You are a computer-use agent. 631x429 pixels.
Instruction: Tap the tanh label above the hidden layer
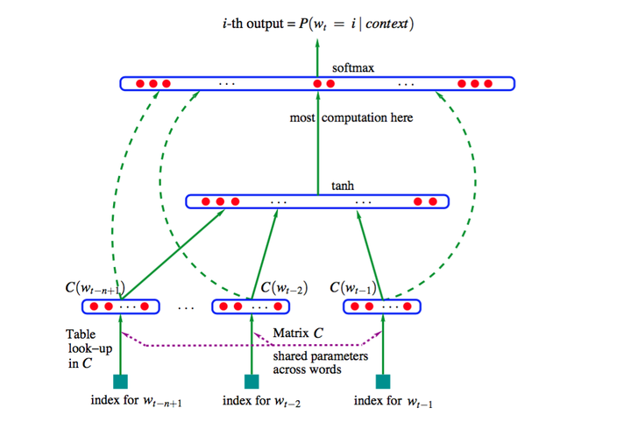[x=343, y=186]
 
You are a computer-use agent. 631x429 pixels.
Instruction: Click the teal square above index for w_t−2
[x=252, y=381]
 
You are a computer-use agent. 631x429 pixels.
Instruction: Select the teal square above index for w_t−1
[x=382, y=381]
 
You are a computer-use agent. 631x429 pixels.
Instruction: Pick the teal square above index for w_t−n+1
[x=121, y=381]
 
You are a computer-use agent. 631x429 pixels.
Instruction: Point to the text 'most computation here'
[x=351, y=117]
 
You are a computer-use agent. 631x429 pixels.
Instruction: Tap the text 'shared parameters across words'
[x=319, y=362]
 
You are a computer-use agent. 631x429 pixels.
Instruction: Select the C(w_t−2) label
[x=282, y=287]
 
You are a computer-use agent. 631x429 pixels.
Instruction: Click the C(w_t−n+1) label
[x=96, y=287]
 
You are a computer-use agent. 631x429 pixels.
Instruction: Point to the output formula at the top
[x=318, y=22]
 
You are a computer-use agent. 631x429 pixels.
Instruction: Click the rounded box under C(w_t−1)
[x=382, y=306]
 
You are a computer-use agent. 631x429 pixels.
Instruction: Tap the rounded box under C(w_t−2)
[x=252, y=306]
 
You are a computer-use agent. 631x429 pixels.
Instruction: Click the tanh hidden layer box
[x=317, y=201]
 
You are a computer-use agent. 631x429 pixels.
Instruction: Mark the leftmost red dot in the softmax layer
[x=139, y=83]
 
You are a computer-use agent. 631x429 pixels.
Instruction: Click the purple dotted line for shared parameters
[x=254, y=345]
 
